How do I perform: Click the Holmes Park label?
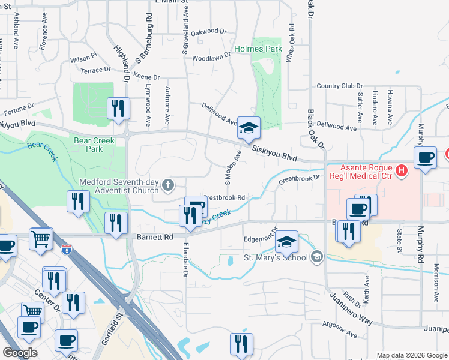[258, 48]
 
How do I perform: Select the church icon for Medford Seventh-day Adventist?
[169, 186]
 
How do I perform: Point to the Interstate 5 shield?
[67, 247]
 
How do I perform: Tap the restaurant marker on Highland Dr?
[118, 109]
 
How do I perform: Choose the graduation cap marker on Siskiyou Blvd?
[249, 128]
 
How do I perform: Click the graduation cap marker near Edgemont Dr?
[287, 242]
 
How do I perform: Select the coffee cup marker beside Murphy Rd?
[426, 158]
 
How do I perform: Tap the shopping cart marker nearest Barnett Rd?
[41, 239]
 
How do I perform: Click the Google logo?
[20, 353]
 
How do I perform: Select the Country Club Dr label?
[337, 86]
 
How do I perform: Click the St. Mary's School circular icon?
[317, 257]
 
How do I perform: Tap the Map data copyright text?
[412, 355]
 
